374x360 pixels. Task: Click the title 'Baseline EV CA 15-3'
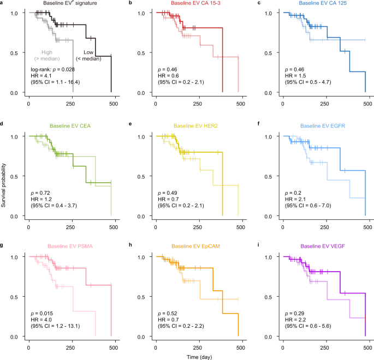tap(198, 4)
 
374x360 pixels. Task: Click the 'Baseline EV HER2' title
tap(198, 126)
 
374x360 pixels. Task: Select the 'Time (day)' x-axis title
tap(198, 355)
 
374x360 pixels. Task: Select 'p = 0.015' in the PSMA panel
tap(44, 314)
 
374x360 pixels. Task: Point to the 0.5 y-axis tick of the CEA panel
tap(17, 177)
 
